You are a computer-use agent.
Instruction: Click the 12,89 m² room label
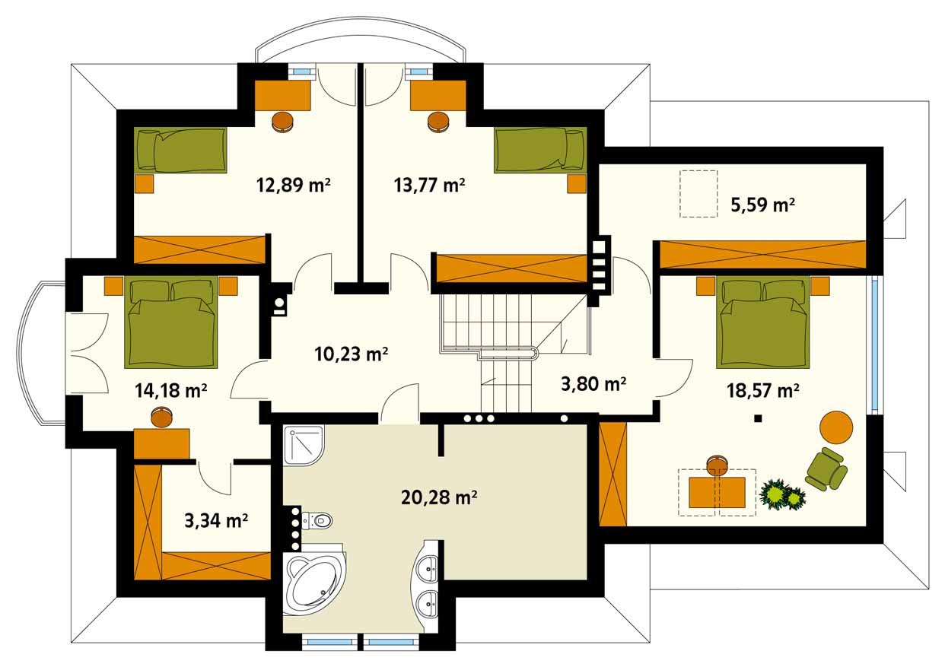(293, 185)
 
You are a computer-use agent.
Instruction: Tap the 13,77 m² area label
(429, 185)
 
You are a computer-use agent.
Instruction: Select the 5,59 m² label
(762, 205)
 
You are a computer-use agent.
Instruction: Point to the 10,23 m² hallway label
(351, 354)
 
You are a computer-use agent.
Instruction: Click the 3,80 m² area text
(593, 383)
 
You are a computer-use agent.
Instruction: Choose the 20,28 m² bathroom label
(439, 497)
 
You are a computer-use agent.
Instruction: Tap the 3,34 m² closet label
(216, 521)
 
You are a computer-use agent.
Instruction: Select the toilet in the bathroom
(318, 521)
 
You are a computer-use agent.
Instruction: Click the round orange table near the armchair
(836, 427)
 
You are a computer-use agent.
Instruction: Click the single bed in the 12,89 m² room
(180, 150)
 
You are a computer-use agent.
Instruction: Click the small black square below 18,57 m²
(758, 418)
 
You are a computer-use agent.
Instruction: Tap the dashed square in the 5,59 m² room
(698, 194)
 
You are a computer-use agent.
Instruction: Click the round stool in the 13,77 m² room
(438, 122)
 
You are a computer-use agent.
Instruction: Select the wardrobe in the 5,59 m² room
(762, 254)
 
